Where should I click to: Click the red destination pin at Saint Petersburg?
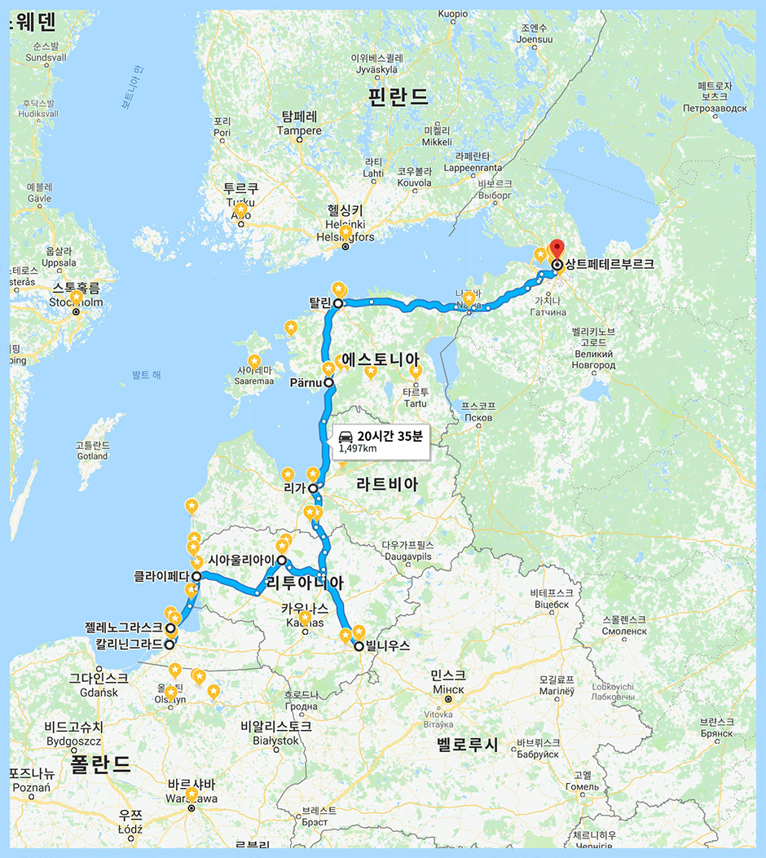pos(557,249)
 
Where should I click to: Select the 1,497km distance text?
pos(358,448)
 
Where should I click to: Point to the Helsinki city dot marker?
pos(345,246)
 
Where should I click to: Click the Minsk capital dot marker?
pos(448,698)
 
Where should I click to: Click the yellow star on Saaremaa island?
pos(254,361)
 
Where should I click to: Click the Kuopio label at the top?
pos(453,14)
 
